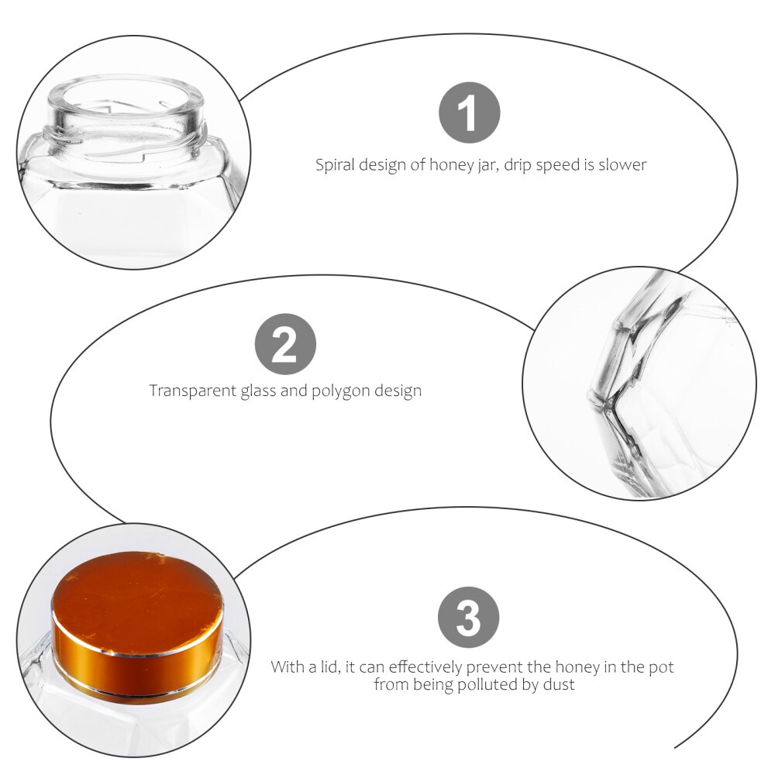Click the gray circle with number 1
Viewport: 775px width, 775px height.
coord(469,115)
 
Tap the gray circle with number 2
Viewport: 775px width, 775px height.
coord(285,344)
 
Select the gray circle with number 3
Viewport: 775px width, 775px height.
coord(468,618)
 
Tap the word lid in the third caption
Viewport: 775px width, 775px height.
coord(325,666)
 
